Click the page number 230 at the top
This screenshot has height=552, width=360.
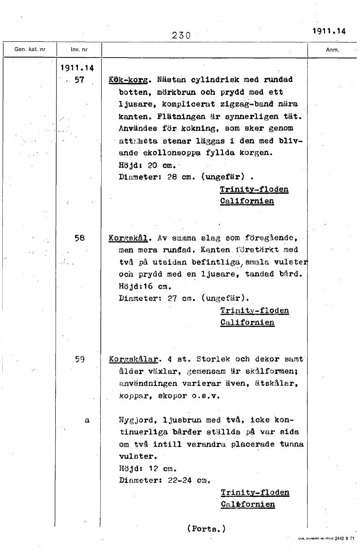[182, 35]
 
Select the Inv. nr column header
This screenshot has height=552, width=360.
[79, 49]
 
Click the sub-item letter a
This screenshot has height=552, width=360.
[86, 420]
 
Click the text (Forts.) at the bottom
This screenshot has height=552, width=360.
[206, 529]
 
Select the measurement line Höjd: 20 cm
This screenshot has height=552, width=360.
[139, 164]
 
